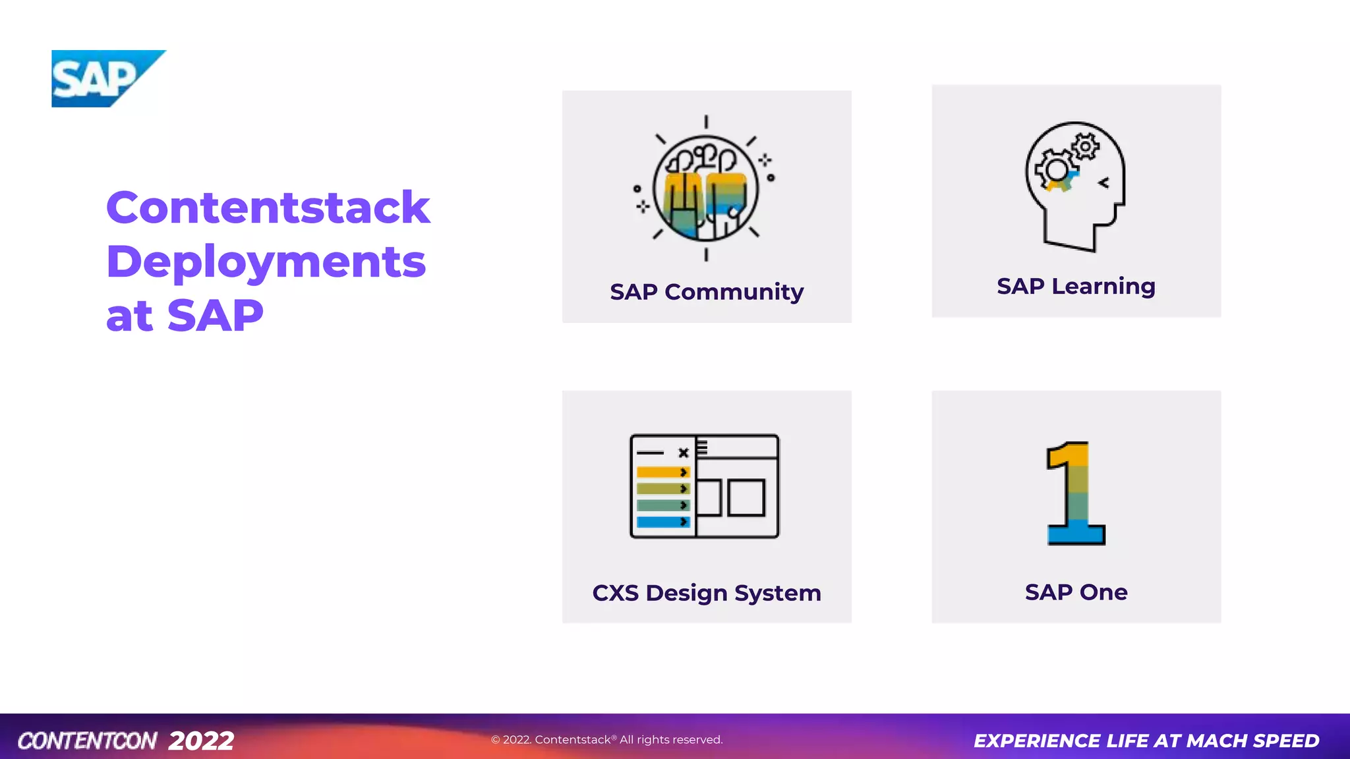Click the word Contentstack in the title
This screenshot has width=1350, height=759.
click(x=268, y=208)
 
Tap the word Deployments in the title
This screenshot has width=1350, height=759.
click(x=266, y=262)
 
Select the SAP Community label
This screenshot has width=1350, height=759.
click(x=707, y=292)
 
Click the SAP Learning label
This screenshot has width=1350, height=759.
click(x=1076, y=287)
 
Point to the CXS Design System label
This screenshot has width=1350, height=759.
click(x=707, y=593)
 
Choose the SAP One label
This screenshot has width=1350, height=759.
click(x=1076, y=592)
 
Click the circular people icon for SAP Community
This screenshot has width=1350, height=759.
click(x=705, y=188)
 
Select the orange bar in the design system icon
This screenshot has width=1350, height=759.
click(x=662, y=472)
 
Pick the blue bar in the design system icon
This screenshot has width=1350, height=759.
click(x=662, y=522)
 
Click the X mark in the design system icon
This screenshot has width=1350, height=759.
click(x=684, y=453)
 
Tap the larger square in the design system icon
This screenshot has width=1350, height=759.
click(x=746, y=497)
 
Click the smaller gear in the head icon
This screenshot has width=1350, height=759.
click(x=1085, y=146)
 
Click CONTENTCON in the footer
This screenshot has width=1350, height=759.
click(x=87, y=741)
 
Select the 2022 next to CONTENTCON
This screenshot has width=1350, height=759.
click(x=201, y=741)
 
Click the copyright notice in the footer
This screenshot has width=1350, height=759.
click(x=606, y=740)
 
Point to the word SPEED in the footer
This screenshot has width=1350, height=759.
click(x=1286, y=741)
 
